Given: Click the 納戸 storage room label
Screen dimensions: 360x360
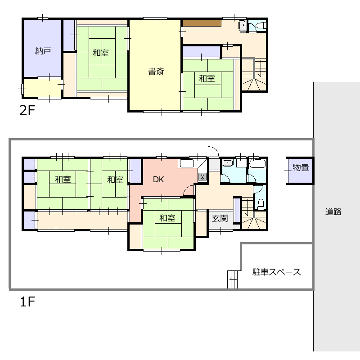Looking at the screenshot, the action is tap(43, 51).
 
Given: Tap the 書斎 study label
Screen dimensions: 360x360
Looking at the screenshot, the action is tap(156, 71).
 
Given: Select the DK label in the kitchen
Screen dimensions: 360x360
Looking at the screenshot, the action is tap(158, 179).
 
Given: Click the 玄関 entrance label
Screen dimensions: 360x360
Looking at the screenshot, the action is tap(220, 218).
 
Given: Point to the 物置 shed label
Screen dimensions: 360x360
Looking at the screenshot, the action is tap(301, 167).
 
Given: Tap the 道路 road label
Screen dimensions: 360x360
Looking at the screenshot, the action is tap(333, 211).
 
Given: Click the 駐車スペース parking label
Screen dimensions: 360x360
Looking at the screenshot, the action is tap(277, 272).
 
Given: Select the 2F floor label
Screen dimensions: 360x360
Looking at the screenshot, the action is tap(27, 110).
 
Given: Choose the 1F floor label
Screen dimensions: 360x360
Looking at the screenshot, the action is tap(27, 301).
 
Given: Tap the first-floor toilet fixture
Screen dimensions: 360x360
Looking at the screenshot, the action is tap(261, 204).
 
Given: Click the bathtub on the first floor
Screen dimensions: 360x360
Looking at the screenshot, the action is tap(257, 164).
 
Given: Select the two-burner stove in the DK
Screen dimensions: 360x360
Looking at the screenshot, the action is tap(202, 176).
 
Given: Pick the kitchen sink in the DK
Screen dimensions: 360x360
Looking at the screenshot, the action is tap(186, 163).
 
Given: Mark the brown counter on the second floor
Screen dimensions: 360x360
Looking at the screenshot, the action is tap(202, 23).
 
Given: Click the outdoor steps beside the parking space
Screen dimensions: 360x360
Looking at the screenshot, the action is tap(234, 279).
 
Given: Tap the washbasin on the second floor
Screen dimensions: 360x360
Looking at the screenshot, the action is tap(242, 25).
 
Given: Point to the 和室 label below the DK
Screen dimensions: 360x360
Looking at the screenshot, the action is tap(167, 218).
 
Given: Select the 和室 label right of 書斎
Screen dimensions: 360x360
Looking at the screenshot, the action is tap(207, 78).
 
